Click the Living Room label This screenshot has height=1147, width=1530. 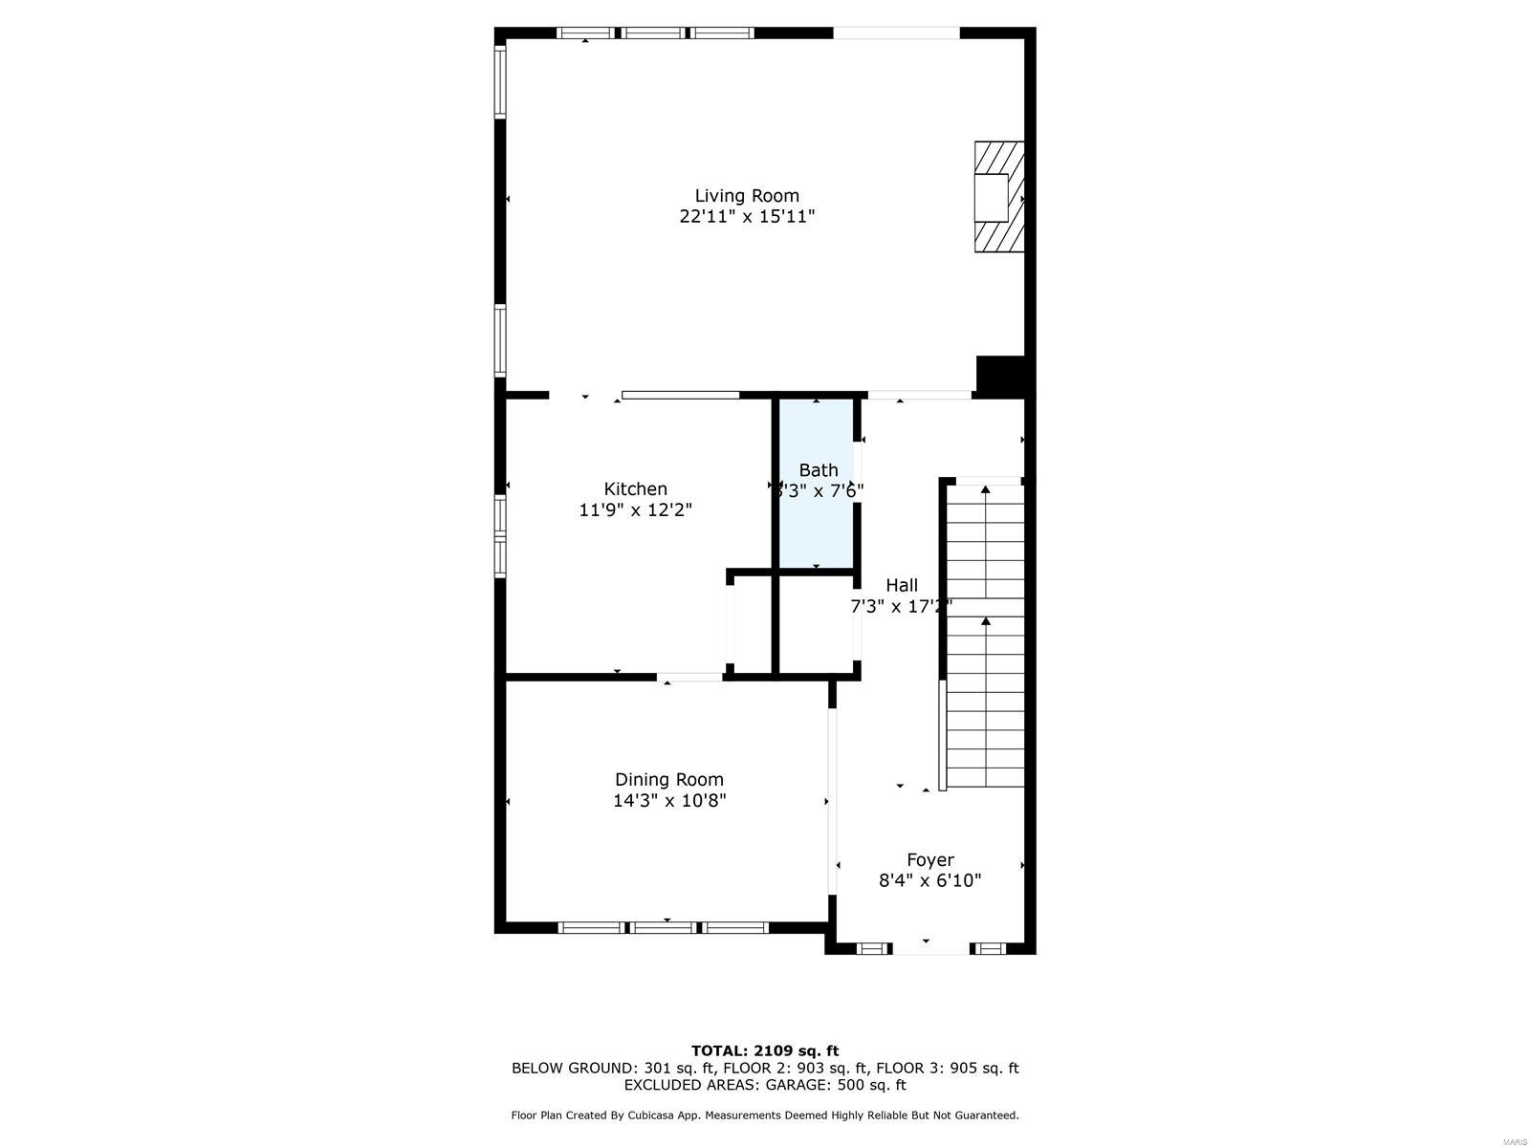(746, 196)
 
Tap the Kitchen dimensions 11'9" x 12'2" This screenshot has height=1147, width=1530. (635, 510)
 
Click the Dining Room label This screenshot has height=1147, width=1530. (668, 779)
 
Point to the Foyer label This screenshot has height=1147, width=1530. (929, 859)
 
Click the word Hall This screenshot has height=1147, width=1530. (901, 585)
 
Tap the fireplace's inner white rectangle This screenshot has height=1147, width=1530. (991, 198)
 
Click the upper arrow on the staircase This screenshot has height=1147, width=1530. (985, 490)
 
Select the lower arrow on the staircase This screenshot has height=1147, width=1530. (985, 622)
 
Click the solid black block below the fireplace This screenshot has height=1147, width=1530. (1000, 374)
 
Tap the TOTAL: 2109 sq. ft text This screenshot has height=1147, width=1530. (765, 1050)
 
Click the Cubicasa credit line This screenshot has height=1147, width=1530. (765, 1115)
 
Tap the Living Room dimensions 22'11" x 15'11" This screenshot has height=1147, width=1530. (746, 217)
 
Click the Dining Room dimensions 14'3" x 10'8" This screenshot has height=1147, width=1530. (668, 801)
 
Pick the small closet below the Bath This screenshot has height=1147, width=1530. (815, 623)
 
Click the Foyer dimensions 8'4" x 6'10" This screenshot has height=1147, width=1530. (929, 880)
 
